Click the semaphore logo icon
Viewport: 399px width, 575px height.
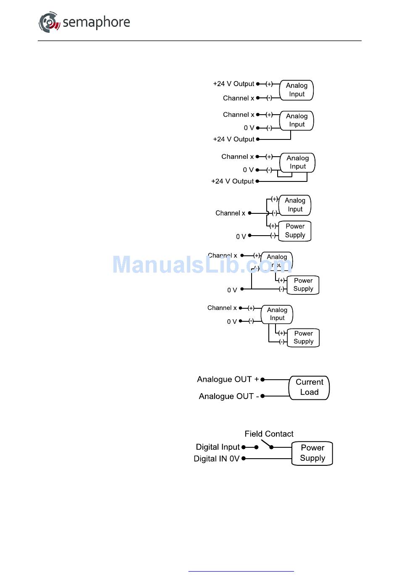50,22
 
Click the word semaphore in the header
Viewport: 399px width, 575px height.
96,22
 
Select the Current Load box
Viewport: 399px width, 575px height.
309,387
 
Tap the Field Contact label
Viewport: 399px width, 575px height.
269,434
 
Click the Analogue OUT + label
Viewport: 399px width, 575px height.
228,379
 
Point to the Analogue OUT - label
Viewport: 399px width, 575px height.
228,396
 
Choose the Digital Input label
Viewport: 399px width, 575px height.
218,447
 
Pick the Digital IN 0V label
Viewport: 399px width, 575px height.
216,459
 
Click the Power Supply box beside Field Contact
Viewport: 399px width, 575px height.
312,453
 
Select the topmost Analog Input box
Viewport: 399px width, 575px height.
297,90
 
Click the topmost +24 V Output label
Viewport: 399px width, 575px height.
234,84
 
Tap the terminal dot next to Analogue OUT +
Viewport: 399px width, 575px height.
262,379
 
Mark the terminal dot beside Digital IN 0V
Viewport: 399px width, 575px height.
243,459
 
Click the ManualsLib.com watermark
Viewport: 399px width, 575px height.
202,265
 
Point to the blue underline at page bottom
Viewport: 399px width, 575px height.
241,571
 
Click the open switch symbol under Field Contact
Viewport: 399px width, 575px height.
266,444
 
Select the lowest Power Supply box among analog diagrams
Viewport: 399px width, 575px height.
303,337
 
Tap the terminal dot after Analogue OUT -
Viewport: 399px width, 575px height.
262,396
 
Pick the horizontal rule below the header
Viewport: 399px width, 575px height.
199,41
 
